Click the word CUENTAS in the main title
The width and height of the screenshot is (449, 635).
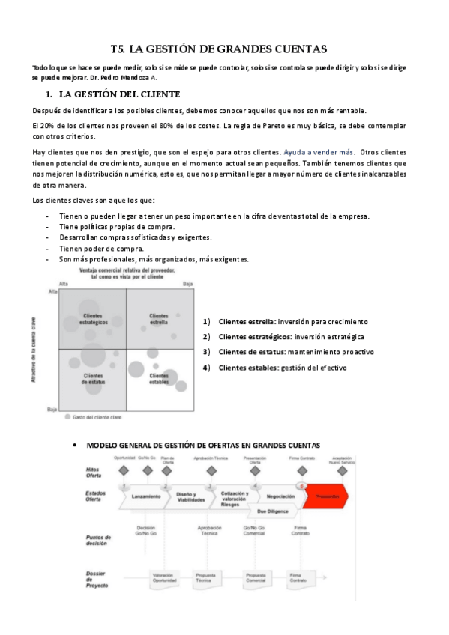[293, 49]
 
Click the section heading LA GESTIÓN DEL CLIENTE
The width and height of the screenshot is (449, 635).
[118, 94]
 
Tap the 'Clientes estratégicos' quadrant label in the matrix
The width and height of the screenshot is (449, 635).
[94, 319]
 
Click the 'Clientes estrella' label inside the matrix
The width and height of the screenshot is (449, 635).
[158, 319]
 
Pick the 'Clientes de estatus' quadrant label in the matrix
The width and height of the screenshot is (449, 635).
[94, 379]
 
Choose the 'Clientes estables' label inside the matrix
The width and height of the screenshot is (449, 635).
[158, 379]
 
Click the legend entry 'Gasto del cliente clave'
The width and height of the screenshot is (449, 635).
[100, 416]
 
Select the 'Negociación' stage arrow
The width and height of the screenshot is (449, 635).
[280, 496]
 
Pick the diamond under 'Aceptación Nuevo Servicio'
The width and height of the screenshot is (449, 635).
[342, 471]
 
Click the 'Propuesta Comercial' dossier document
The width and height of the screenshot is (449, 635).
[256, 577]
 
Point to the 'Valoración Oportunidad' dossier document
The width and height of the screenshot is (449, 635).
[163, 577]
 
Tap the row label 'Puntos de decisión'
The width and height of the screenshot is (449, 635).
[98, 540]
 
